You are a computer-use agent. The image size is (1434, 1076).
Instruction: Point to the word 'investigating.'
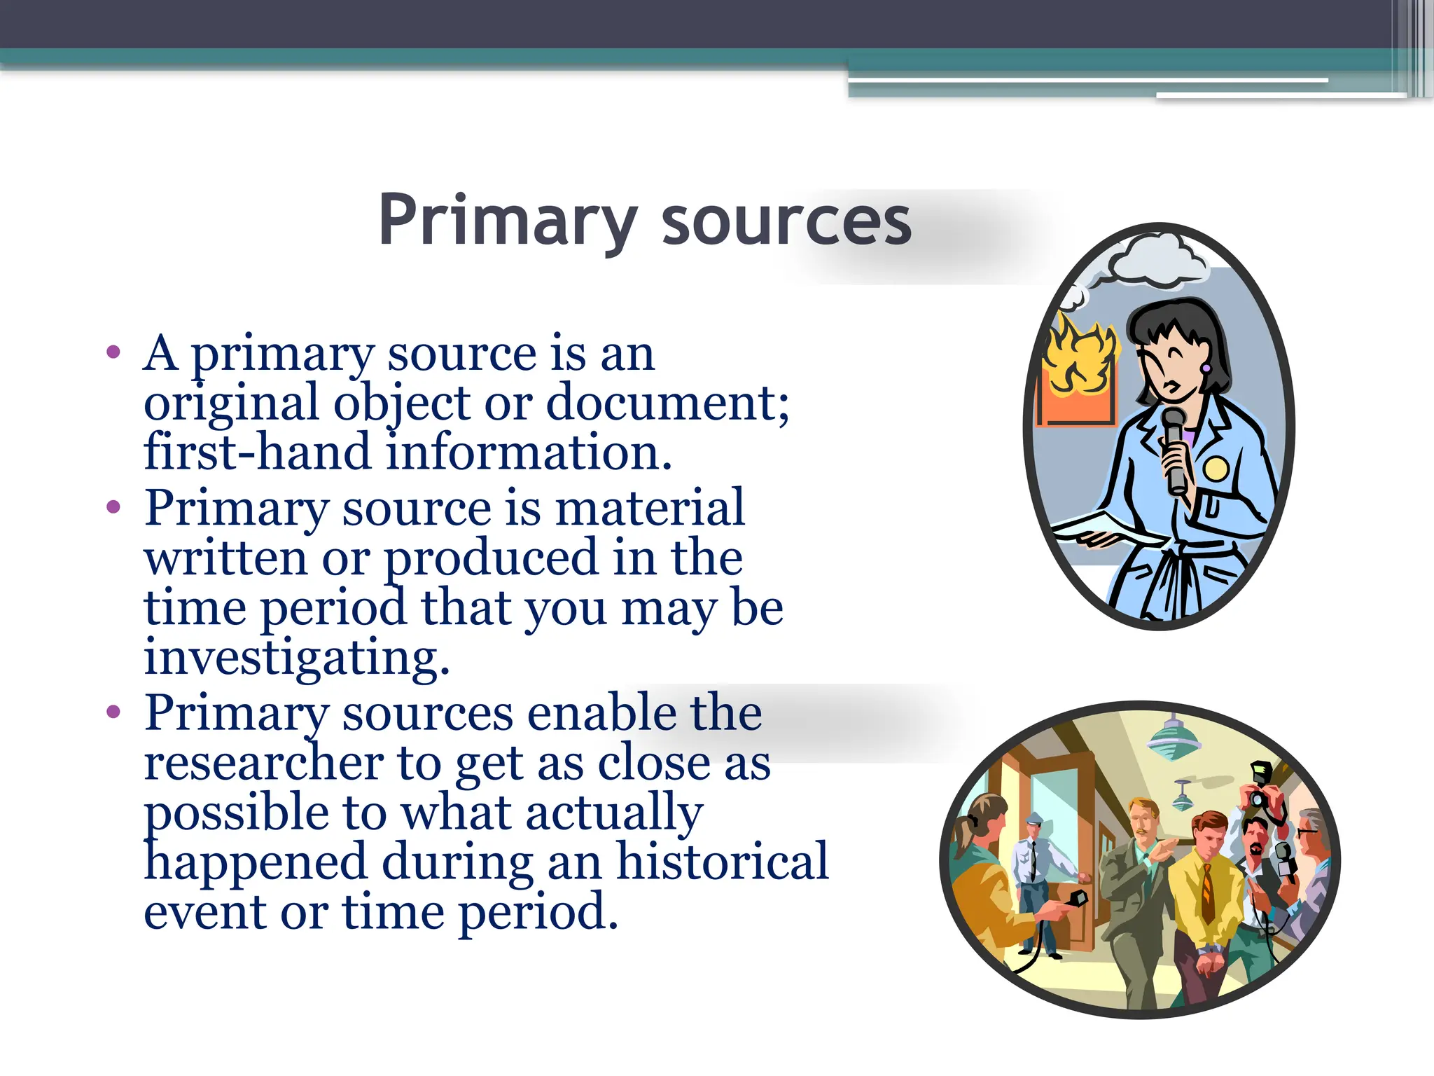[297, 658]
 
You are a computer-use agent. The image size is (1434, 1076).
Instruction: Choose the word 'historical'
[722, 862]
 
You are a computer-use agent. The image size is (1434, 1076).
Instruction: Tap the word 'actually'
[613, 813]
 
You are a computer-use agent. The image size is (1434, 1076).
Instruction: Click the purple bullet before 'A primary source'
[113, 352]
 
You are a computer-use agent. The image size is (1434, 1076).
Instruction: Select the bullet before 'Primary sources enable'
[113, 713]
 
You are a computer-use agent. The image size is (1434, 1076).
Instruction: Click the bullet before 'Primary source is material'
[113, 507]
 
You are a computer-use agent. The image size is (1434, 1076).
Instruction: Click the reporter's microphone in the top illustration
[1174, 448]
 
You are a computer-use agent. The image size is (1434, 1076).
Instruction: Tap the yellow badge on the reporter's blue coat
[1216, 467]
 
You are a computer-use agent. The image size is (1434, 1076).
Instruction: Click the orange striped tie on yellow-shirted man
[1207, 893]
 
